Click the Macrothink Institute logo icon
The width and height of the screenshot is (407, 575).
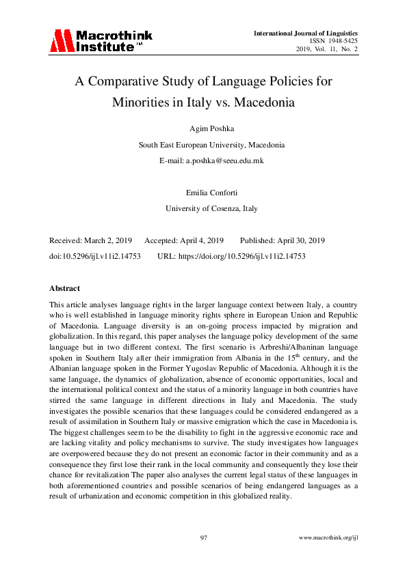61,40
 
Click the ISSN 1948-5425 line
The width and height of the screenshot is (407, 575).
334,41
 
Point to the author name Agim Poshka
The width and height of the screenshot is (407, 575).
202,128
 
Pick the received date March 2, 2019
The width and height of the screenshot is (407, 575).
109,241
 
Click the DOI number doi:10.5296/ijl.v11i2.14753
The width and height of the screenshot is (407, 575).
95,256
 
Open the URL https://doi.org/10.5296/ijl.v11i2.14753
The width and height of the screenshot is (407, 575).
250,256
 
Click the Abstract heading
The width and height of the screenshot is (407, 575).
65,288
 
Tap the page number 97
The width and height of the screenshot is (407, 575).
203,539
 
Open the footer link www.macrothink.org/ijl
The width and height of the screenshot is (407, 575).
329,539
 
